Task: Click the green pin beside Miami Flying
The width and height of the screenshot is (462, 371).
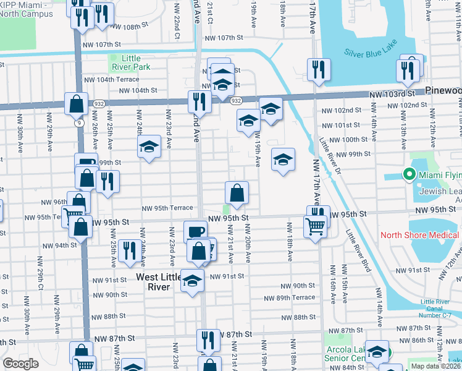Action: (408, 175)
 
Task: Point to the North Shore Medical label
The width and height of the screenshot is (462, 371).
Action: (419, 235)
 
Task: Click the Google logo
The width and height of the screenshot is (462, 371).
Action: (20, 364)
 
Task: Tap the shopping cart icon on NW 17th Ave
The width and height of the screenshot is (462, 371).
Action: (315, 228)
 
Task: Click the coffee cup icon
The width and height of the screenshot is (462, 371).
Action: (196, 232)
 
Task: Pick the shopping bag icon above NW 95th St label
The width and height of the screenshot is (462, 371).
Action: (237, 193)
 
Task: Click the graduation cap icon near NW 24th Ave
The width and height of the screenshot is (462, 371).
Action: (148, 147)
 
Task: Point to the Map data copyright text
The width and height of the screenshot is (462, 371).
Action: (436, 366)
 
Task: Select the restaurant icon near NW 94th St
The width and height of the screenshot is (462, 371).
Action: (129, 250)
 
